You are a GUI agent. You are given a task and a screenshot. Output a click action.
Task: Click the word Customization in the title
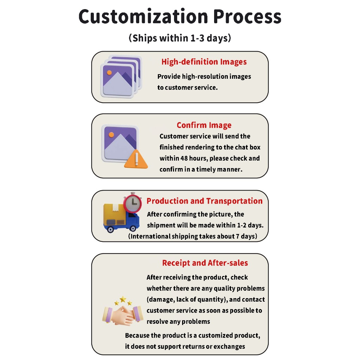pyautogui.click(x=143, y=17)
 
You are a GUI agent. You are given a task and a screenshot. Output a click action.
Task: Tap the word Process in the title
pyautogui.click(x=247, y=17)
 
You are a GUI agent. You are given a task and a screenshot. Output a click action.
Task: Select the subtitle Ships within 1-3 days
pyautogui.click(x=180, y=38)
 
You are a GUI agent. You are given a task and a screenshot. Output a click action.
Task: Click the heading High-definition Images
pyautogui.click(x=204, y=62)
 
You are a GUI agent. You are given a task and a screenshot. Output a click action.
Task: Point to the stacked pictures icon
pyautogui.click(x=121, y=76)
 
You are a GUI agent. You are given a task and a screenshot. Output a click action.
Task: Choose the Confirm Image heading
pyautogui.click(x=204, y=125)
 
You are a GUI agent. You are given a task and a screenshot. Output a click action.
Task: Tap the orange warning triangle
pyautogui.click(x=136, y=159)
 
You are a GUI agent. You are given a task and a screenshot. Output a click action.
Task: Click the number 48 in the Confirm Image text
pyautogui.click(x=184, y=158)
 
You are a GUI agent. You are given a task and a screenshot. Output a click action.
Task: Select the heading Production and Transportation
pyautogui.click(x=204, y=201)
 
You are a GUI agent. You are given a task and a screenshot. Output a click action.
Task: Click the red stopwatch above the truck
pyautogui.click(x=133, y=202)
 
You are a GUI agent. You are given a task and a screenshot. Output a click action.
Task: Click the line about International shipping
pyautogui.click(x=193, y=236)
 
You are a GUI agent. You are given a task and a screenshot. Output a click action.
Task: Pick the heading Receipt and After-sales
pyautogui.click(x=205, y=263)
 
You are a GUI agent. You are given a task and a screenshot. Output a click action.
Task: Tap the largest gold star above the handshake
pyautogui.click(x=123, y=299)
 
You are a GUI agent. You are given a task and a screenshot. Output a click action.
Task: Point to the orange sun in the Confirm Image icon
pyautogui.click(x=111, y=135)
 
